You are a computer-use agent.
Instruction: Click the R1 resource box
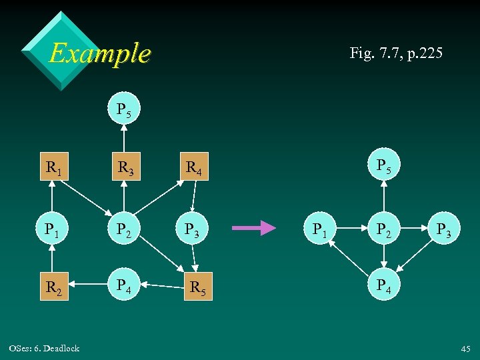[x=54, y=168]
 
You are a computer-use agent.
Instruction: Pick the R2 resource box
[x=54, y=287]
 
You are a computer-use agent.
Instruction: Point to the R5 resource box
[x=198, y=287]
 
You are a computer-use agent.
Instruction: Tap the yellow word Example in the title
[x=100, y=53]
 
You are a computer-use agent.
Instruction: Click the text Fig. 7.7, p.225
[x=395, y=53]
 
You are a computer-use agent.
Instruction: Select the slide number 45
[x=465, y=349]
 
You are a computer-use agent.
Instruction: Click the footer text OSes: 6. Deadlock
[x=45, y=348]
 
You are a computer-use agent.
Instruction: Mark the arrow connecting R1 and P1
[x=54, y=198]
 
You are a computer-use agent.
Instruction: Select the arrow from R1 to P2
[x=90, y=198]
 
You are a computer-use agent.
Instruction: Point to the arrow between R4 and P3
[x=193, y=198]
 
